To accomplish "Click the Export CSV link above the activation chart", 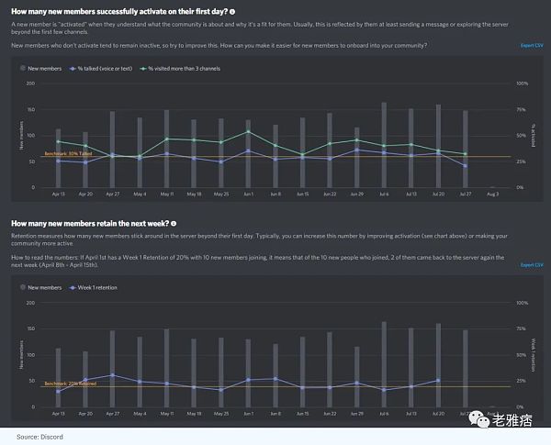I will [531, 45].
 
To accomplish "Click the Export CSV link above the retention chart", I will [531, 265].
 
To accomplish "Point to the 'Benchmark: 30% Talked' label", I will [67, 154].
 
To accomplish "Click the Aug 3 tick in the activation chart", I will [492, 195].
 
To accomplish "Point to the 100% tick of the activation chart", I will [521, 83].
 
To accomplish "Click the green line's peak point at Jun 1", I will [247, 131].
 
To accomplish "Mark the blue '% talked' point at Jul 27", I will [465, 166].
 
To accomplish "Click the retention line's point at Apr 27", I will [112, 375].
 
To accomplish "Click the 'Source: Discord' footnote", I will [39, 437].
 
